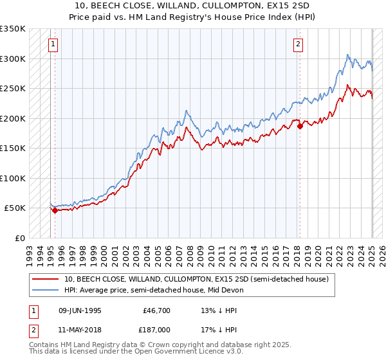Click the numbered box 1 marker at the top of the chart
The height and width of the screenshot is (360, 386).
(53, 44)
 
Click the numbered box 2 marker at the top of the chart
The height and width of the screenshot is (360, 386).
(299, 44)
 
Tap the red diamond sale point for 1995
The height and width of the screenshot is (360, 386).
(55, 210)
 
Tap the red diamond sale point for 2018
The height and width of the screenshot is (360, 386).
(300, 127)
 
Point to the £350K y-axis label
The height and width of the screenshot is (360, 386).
(12, 29)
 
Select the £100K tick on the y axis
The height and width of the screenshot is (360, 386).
(12, 178)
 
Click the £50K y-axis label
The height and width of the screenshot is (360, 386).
(15, 208)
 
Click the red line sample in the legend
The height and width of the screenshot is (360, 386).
(45, 280)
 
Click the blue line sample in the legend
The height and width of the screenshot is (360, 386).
(45, 290)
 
